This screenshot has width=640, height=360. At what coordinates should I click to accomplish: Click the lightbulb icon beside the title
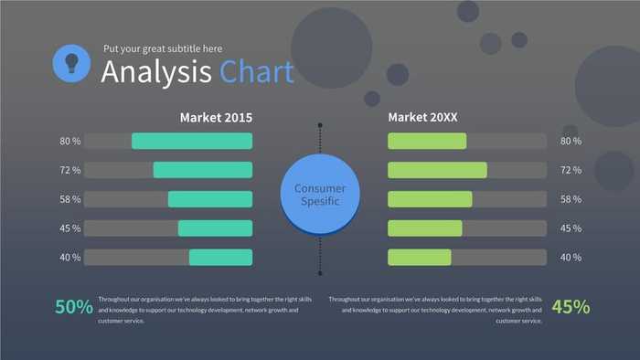pos(70,62)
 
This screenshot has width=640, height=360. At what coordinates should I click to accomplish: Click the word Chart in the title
pos(257,71)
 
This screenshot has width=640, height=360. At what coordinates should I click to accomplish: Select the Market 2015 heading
pos(216,117)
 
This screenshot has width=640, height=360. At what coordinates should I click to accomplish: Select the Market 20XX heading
pos(423,117)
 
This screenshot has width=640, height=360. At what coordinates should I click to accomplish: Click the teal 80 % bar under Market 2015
pos(192,141)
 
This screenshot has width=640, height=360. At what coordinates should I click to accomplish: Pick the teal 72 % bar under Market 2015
pos(202,170)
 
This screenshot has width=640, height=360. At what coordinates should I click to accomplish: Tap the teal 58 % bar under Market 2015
pos(209,199)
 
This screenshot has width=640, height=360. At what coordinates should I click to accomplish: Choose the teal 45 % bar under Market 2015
pos(215,228)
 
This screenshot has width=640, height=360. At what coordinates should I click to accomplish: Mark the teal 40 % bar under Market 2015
pos(220,258)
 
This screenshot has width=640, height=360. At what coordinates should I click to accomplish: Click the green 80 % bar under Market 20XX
pos(427,141)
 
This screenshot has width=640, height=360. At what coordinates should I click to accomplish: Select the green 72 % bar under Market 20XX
pos(437,170)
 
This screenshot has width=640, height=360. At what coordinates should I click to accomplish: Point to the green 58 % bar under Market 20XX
pos(430,199)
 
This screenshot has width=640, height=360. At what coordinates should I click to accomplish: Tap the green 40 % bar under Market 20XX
pos(420,258)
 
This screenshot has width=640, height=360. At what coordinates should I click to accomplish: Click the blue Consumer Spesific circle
pos(320,194)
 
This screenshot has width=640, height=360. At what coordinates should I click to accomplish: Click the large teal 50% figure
pos(73,308)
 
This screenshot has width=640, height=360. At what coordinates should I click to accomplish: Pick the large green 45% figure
pos(571,308)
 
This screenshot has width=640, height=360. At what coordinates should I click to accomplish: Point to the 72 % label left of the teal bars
pos(70,170)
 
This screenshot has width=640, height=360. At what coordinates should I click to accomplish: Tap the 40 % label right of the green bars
pos(571,258)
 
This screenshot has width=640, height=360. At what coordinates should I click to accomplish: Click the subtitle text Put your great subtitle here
pos(162,48)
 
